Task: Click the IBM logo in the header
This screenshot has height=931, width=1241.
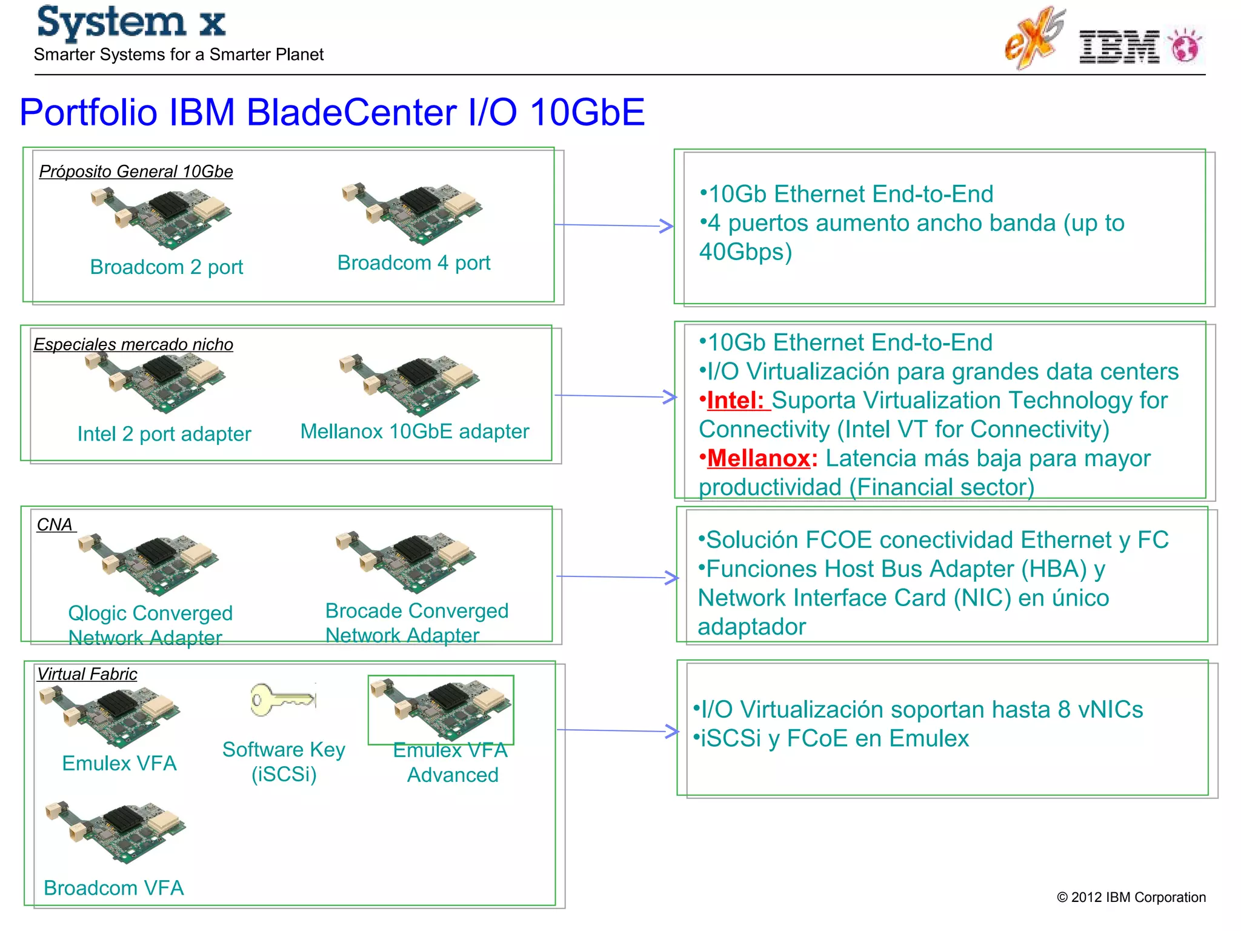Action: click(1119, 47)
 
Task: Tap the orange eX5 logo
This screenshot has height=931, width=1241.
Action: click(1034, 39)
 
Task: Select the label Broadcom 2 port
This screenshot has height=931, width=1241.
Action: click(166, 267)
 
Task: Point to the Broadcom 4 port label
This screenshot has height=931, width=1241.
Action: click(413, 263)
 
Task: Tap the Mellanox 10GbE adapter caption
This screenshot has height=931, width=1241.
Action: click(414, 432)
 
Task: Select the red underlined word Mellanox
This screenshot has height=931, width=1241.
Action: click(759, 459)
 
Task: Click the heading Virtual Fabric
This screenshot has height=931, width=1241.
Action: click(87, 674)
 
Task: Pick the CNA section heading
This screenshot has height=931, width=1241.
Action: click(55, 524)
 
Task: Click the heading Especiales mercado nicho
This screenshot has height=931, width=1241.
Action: click(133, 344)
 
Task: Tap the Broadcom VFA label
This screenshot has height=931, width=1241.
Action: click(113, 888)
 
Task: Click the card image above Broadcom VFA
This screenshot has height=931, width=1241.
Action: click(116, 832)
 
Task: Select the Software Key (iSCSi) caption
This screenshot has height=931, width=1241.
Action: click(284, 762)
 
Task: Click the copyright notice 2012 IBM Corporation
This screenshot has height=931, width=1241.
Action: click(1131, 897)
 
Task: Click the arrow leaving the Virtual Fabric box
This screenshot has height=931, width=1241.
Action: click(617, 730)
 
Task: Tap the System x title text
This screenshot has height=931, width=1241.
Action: click(131, 23)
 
